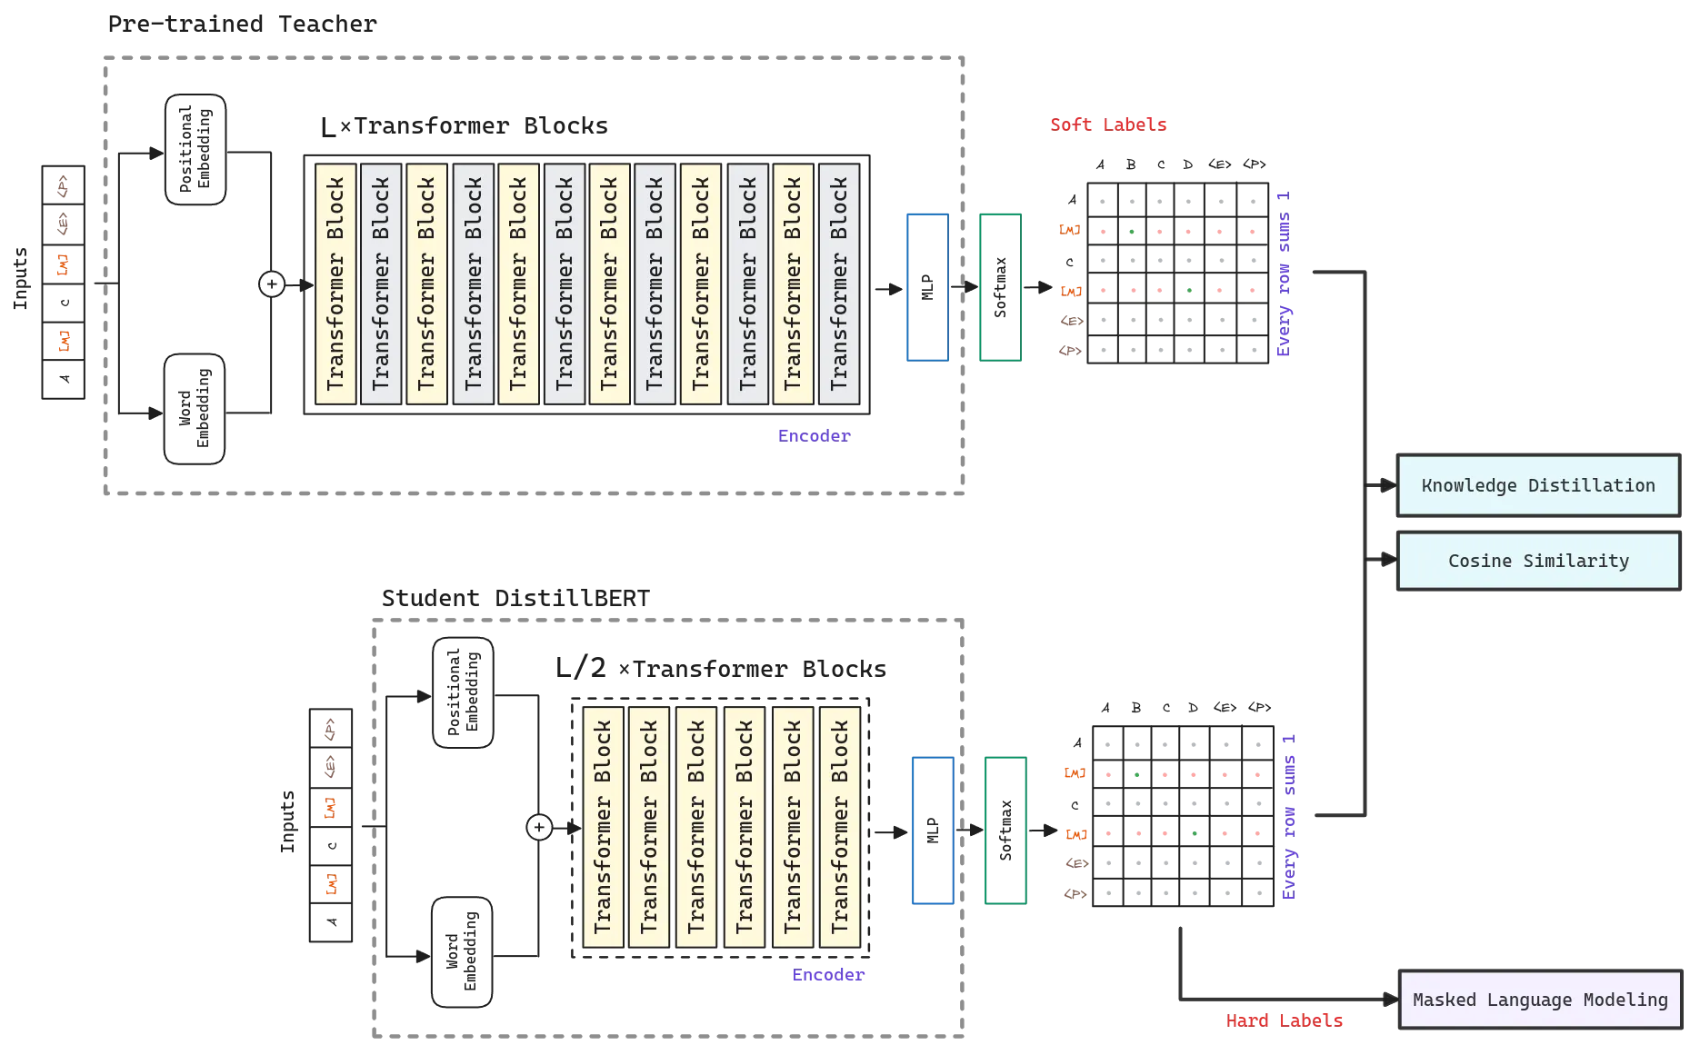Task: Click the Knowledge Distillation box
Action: coord(1537,485)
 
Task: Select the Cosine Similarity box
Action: coord(1537,561)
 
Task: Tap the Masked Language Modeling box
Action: coord(1539,1000)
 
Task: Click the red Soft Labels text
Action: coord(1108,124)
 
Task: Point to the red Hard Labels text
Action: coord(1284,1020)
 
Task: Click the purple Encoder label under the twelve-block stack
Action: coord(814,436)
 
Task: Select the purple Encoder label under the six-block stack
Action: coord(828,974)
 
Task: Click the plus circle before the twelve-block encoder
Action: coord(272,284)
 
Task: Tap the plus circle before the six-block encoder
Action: coord(539,828)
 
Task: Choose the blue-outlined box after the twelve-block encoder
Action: coord(926,287)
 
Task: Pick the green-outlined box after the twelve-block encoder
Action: coord(999,287)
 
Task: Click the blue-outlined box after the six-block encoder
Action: coord(933,831)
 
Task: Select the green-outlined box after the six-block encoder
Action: coord(1005,831)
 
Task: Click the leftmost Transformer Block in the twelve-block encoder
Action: coord(335,284)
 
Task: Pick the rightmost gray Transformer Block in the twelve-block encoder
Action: coord(838,284)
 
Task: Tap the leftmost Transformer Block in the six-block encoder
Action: coord(602,827)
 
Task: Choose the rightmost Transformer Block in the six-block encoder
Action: coord(839,827)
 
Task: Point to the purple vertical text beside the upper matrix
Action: coord(1285,273)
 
